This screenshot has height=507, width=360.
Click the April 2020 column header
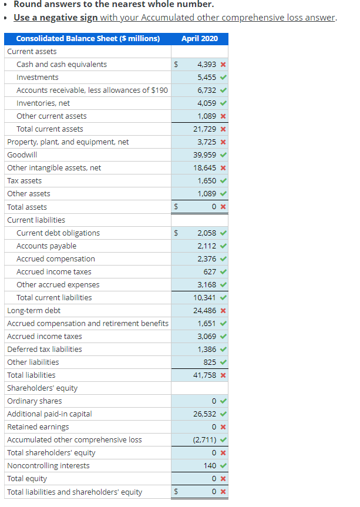click(199, 39)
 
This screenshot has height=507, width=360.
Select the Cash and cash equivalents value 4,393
click(206, 65)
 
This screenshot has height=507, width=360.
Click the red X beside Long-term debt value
click(223, 311)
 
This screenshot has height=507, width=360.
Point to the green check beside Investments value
click(223, 78)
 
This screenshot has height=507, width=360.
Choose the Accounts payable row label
click(46, 246)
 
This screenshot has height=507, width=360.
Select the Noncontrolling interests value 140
click(210, 466)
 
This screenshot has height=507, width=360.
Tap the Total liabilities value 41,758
click(204, 375)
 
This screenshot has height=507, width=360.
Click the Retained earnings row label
click(38, 427)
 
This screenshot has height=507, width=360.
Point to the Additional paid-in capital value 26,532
click(204, 414)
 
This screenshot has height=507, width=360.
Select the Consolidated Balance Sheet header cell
click(88, 39)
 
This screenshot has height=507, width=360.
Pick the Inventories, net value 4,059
click(206, 103)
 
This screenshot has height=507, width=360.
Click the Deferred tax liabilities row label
click(45, 350)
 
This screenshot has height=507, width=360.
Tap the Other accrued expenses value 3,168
click(206, 285)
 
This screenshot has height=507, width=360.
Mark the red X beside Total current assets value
click(223, 129)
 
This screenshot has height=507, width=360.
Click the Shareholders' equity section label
click(42, 388)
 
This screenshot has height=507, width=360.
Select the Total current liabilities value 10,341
click(204, 298)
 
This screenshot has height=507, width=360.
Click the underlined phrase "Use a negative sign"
click(56, 18)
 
